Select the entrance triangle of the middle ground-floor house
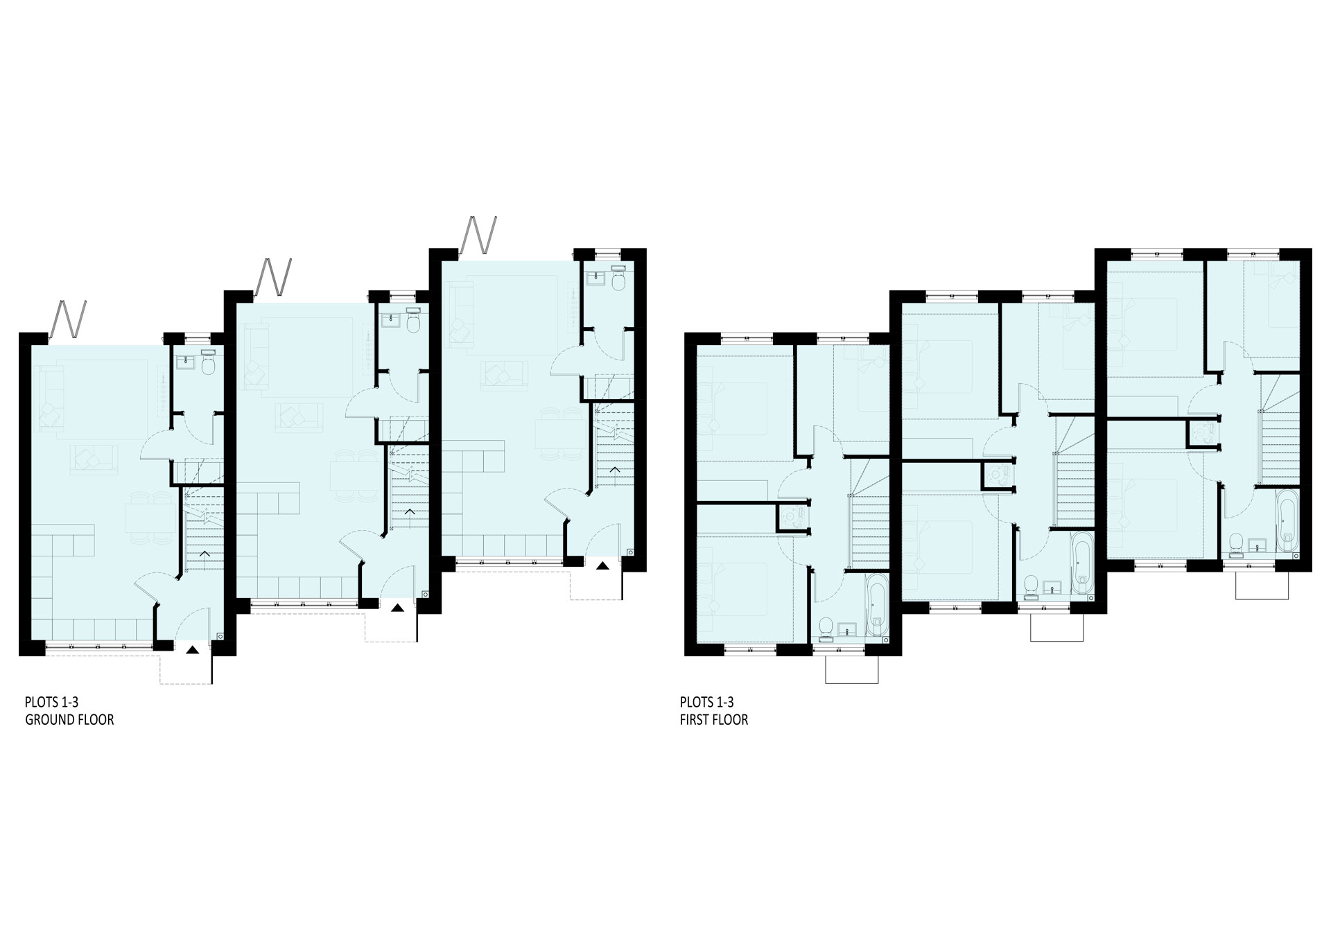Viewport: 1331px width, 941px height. [397, 608]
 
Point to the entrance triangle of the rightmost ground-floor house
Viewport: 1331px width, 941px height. [602, 565]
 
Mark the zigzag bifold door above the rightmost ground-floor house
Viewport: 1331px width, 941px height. [480, 237]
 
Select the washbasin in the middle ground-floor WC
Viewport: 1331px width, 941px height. [388, 321]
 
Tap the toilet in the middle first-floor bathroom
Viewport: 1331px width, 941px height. [1031, 586]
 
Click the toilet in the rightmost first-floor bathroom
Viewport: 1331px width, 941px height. [1235, 544]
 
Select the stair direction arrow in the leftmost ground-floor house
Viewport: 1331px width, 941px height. [205, 554]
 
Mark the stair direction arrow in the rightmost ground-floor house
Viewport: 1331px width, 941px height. [615, 470]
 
